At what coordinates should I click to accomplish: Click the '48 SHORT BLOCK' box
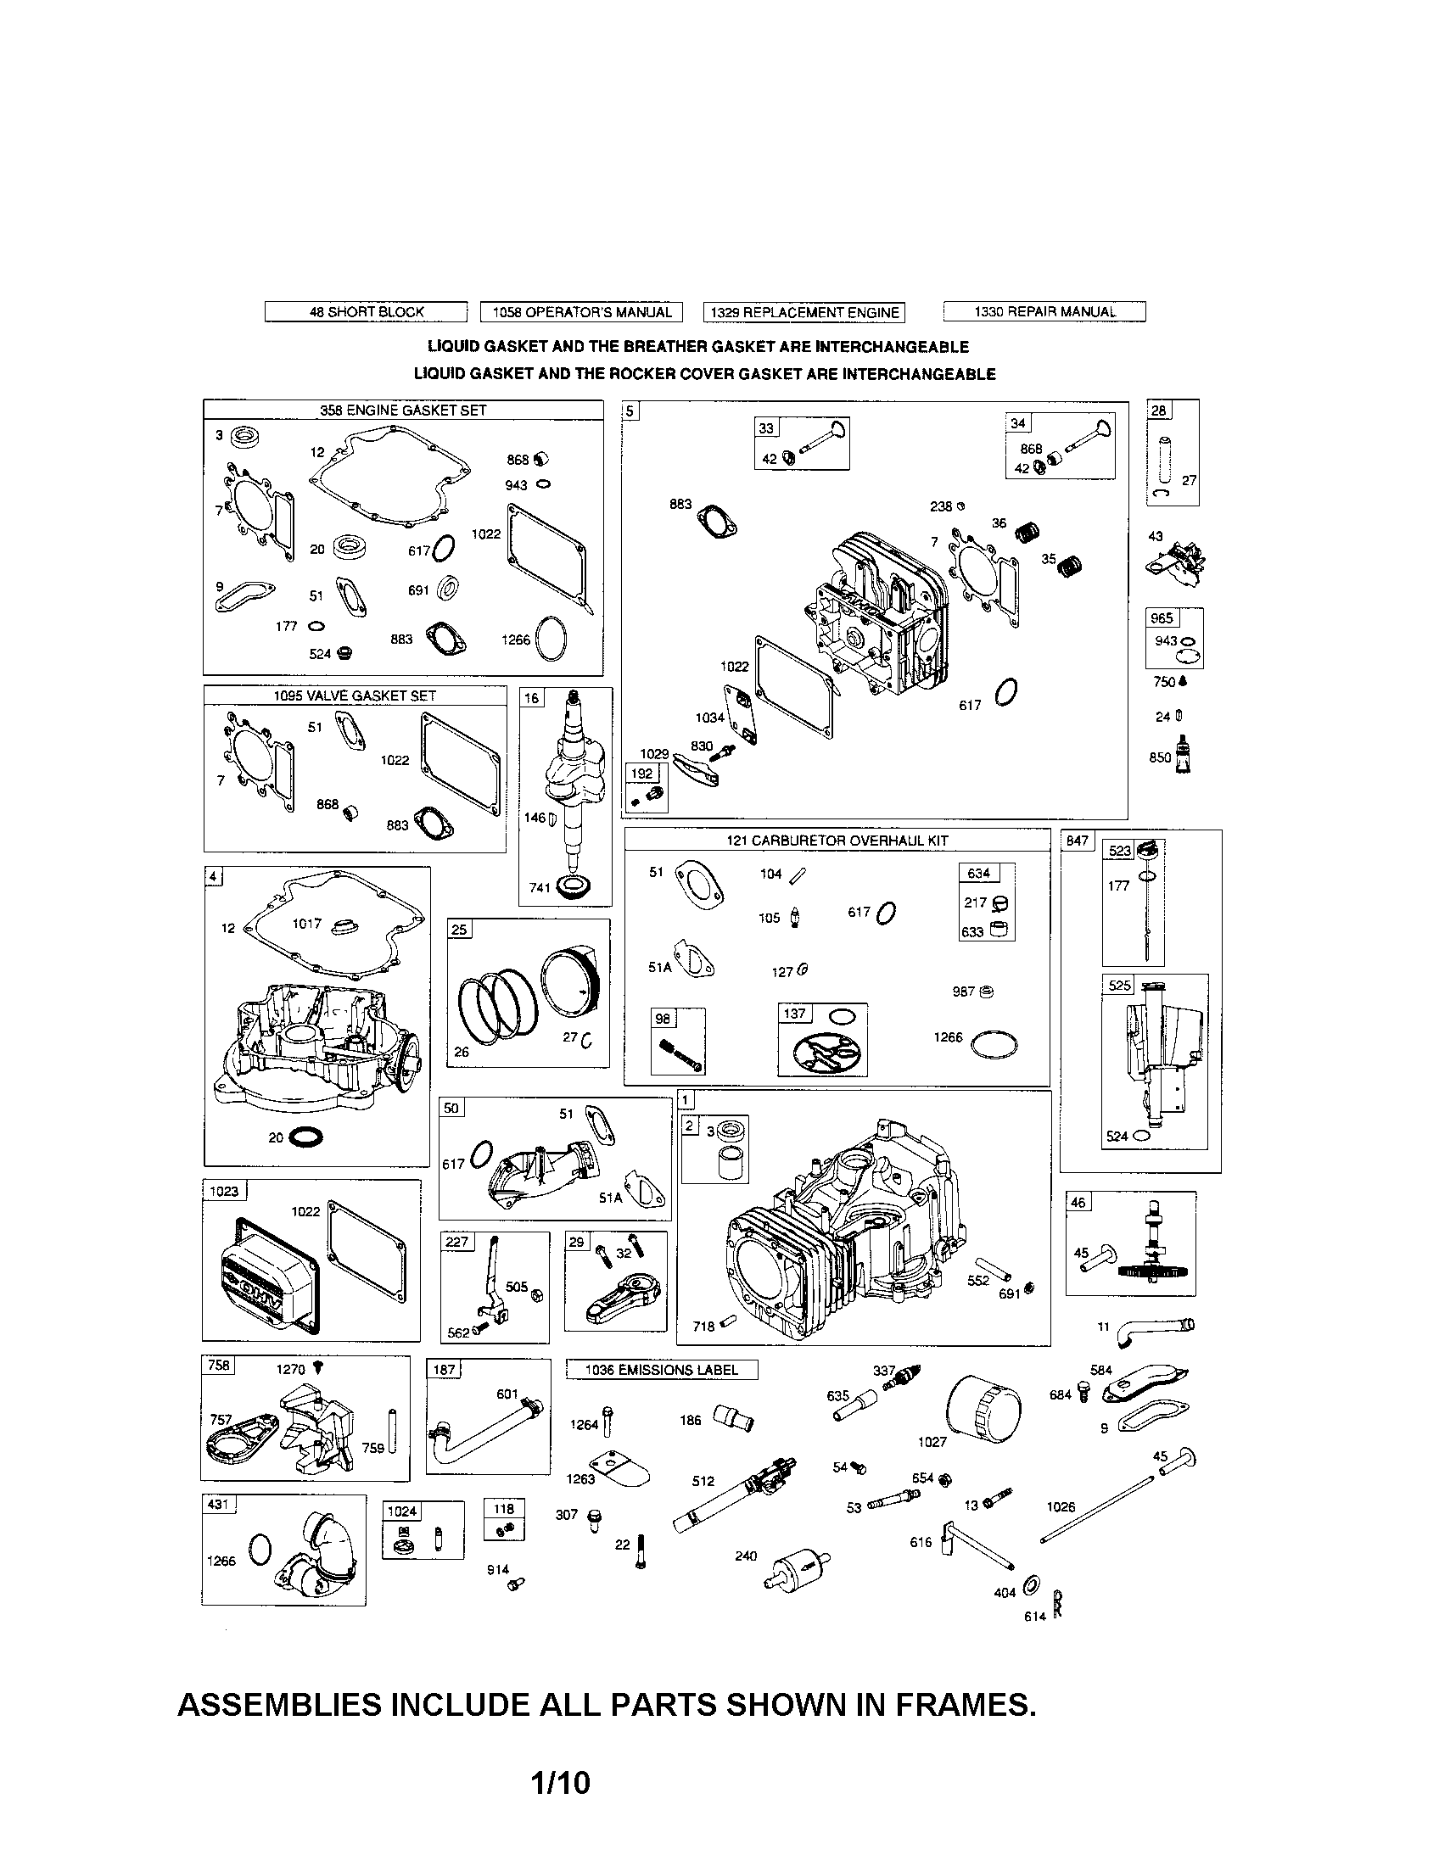(366, 312)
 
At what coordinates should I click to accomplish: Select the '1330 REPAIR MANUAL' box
(1044, 312)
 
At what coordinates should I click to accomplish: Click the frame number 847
(1078, 841)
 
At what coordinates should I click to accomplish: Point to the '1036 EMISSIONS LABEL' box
(662, 1370)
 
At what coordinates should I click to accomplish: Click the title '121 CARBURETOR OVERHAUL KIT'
(837, 840)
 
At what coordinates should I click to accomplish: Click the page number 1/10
(560, 1784)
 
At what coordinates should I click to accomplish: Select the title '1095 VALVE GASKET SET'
(355, 696)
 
